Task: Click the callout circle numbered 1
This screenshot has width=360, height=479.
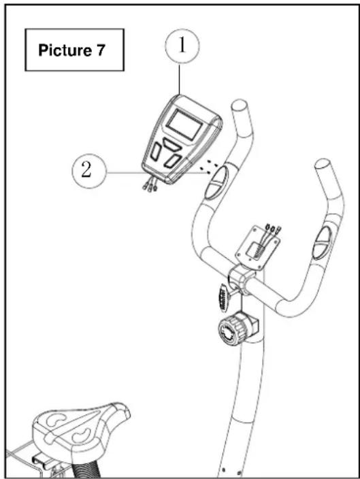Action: (182, 46)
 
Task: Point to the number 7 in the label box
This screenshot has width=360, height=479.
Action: (101, 50)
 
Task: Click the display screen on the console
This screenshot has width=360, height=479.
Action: (184, 125)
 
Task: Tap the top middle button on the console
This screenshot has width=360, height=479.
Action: (172, 144)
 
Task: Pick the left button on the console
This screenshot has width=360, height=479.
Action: (156, 152)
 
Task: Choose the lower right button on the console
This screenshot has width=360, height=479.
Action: (172, 161)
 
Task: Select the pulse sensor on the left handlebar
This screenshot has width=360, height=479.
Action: (216, 182)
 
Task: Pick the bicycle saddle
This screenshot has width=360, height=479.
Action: (81, 429)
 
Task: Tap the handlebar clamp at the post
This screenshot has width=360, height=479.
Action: (240, 280)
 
